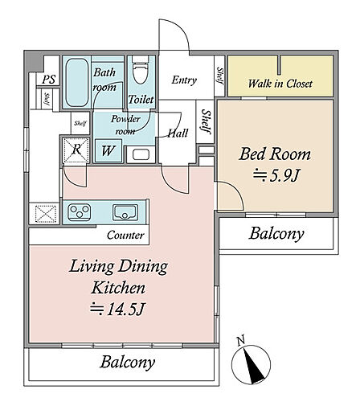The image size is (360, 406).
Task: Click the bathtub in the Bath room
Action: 77,83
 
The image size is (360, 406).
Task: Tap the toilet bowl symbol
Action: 141,69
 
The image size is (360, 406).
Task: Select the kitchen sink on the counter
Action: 125,213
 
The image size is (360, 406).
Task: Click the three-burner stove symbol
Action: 80,211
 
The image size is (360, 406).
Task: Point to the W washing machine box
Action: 108,151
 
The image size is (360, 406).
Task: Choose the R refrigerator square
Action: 76,150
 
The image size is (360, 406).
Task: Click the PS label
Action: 49,80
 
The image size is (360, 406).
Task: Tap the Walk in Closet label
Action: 280,84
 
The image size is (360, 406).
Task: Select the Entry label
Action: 184,80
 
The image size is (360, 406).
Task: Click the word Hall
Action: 178,133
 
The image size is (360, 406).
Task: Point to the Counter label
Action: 125,235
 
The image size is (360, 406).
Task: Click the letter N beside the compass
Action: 241,340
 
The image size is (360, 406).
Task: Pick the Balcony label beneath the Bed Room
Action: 276,233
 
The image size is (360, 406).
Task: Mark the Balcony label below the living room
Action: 128,362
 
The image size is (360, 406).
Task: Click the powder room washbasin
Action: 141,154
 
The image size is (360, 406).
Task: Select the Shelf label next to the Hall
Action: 206,121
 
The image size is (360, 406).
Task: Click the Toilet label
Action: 141,100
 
